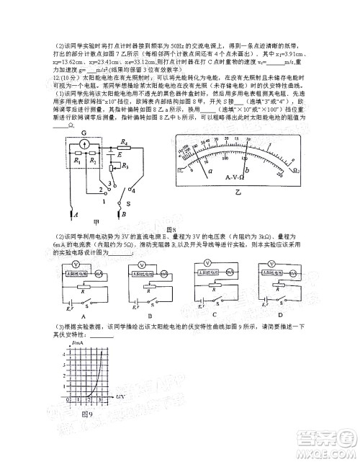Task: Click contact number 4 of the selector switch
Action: click(114, 184)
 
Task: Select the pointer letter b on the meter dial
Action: click(260, 168)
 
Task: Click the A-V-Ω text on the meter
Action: click(235, 177)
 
